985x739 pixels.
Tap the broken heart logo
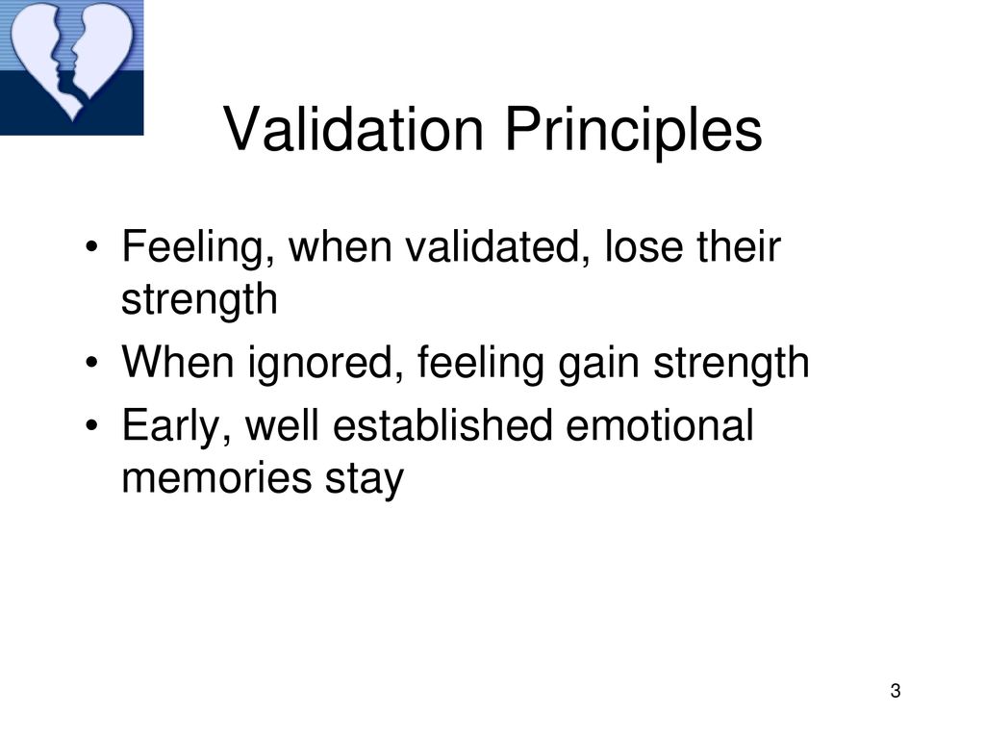click(71, 63)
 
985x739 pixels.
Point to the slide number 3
click(896, 691)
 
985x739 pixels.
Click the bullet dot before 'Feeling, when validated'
click(91, 247)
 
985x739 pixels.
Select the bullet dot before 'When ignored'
click(91, 363)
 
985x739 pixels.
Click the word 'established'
click(442, 424)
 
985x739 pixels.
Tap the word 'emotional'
click(660, 424)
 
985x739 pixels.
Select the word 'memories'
click(216, 478)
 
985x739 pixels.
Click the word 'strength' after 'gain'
click(731, 363)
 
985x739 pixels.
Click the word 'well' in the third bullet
click(282, 424)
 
